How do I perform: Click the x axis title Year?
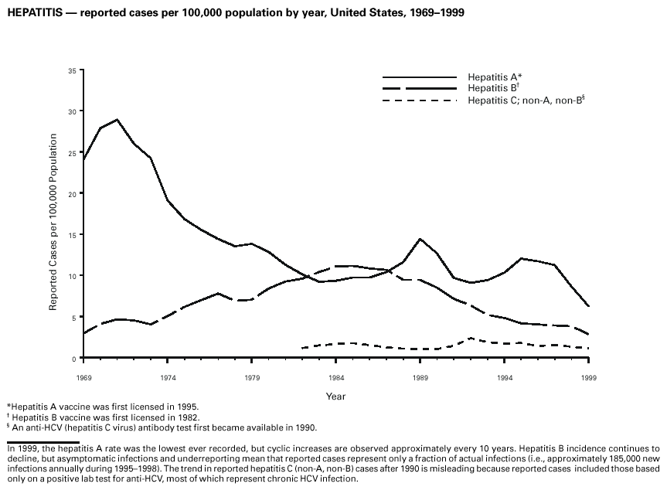pos(335,397)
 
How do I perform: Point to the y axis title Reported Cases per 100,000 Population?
pos(53,222)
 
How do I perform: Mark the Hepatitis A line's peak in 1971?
pos(117,120)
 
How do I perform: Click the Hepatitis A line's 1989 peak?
pos(420,239)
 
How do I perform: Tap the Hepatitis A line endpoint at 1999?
pos(587,306)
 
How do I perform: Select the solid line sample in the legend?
pos(420,77)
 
